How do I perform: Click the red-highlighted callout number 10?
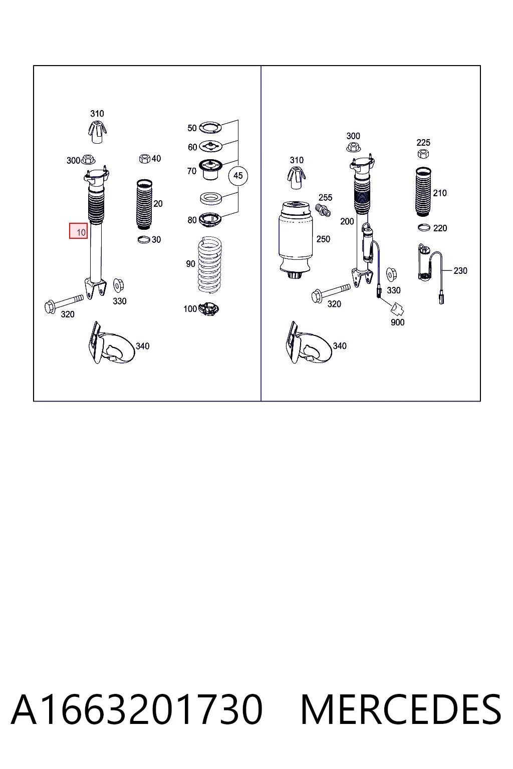[78, 231]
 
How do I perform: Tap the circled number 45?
[238, 176]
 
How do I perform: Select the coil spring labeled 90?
[209, 265]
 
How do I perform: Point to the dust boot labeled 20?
[144, 205]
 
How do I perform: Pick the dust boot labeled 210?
[423, 192]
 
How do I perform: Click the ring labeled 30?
[143, 239]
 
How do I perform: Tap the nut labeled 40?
[145, 159]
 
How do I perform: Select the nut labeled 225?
[423, 154]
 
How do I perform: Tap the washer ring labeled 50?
[210, 127]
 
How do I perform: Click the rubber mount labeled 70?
[210, 169]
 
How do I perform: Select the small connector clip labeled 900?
[398, 309]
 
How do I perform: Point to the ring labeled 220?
[424, 227]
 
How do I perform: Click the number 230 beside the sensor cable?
[460, 271]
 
